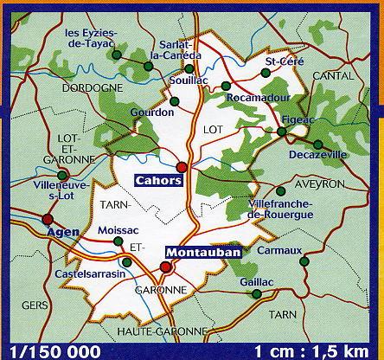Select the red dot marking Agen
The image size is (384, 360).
[x=47, y=219]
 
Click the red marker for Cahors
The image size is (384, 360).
[x=182, y=167]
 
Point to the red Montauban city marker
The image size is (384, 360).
[x=167, y=267]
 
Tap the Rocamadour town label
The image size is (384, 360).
[x=256, y=98]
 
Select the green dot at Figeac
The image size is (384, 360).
[x=282, y=132]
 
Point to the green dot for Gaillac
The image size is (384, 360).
[x=257, y=295]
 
